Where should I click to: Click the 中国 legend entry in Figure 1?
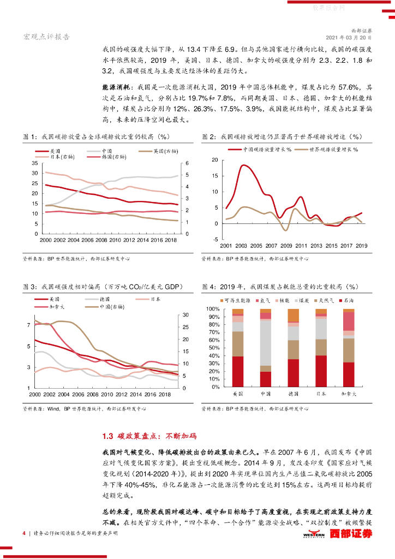click(x=106, y=150)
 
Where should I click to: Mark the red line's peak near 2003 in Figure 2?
click(x=243, y=165)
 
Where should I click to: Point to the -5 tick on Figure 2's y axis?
click(x=215, y=239)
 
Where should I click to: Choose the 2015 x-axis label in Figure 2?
click(x=331, y=246)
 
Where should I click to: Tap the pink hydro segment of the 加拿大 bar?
click(x=348, y=321)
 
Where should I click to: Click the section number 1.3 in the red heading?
click(x=107, y=436)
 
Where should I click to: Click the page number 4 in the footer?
click(x=23, y=533)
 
